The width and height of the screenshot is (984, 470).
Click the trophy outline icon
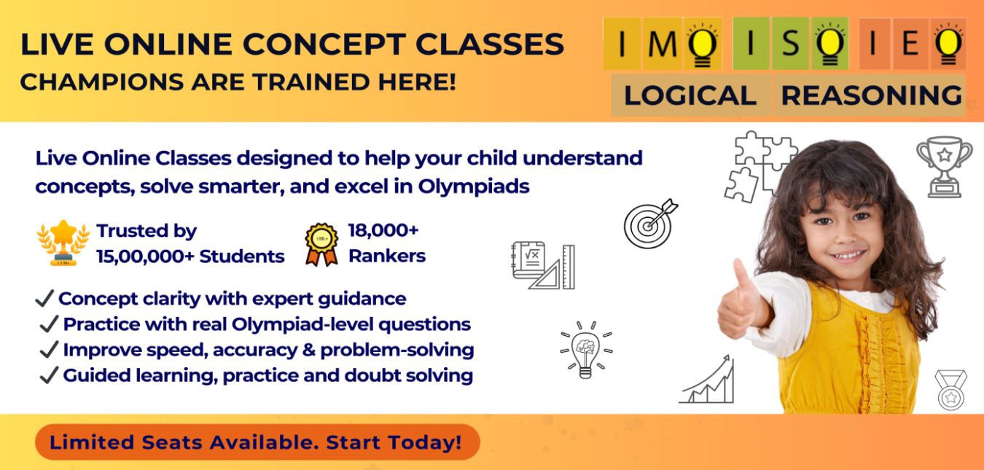click(x=944, y=166)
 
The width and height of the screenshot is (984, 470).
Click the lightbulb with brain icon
click(x=585, y=348)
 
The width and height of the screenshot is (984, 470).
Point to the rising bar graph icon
click(x=707, y=380)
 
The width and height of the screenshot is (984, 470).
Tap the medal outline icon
click(x=951, y=390)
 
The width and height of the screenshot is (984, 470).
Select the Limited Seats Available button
click(x=257, y=442)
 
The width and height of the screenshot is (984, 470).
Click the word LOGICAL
click(x=690, y=95)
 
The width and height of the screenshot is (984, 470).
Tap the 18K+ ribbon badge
click(x=321, y=244)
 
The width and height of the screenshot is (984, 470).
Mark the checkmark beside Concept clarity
click(x=44, y=298)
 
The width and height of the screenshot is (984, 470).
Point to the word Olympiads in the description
click(x=474, y=186)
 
